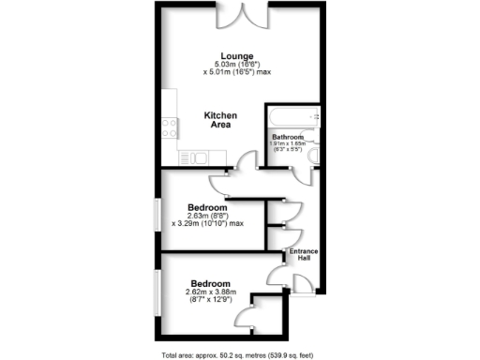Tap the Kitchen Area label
(x=220, y=120)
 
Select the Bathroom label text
(x=288, y=137)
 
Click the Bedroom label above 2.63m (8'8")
(x=207, y=207)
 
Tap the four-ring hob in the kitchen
(x=172, y=126)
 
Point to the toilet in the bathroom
(x=315, y=156)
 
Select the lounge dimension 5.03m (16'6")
(x=232, y=64)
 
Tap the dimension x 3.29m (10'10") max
(x=208, y=224)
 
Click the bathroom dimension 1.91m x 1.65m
(x=289, y=143)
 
